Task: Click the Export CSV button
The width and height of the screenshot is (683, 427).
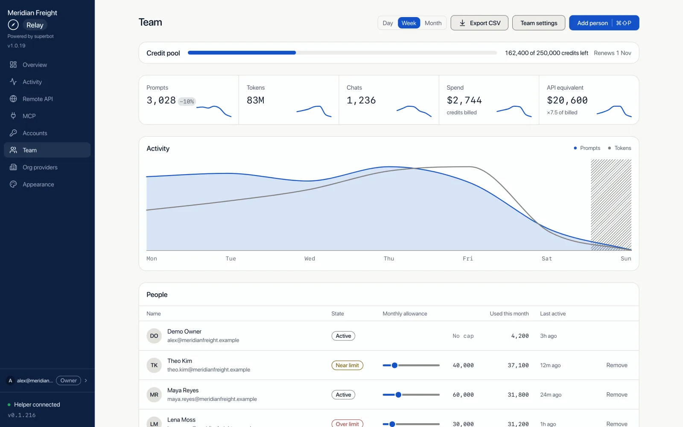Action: (479, 23)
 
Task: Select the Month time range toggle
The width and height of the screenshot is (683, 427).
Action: (433, 23)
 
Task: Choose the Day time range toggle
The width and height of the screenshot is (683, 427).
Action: (388, 23)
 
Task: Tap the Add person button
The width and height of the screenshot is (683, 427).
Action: (604, 23)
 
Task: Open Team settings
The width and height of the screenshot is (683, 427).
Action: (539, 23)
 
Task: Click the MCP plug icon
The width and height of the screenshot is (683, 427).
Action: (13, 116)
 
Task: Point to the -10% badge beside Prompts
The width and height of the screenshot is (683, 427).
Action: (187, 101)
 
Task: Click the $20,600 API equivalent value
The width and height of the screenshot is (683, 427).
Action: (567, 100)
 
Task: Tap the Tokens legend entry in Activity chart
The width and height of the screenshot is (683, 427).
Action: (619, 148)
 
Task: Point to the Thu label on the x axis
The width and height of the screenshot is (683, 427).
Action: (389, 259)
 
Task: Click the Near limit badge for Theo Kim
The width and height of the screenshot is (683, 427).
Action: (347, 365)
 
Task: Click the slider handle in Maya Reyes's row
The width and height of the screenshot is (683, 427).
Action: (398, 395)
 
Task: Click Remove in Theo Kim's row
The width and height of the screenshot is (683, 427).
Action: (617, 365)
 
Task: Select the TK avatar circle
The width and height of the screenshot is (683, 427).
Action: (154, 365)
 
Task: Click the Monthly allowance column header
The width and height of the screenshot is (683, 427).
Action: (405, 313)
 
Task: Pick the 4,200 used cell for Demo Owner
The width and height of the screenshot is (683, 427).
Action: (520, 336)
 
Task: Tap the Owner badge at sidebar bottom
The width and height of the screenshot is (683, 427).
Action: (68, 380)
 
